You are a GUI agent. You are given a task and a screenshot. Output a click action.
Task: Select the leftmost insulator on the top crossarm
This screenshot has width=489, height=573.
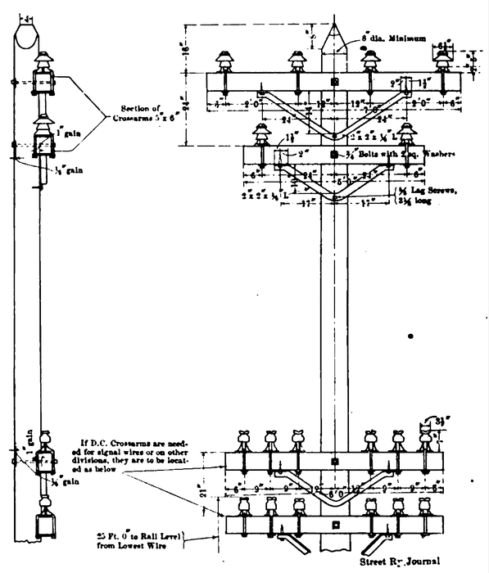[221, 64]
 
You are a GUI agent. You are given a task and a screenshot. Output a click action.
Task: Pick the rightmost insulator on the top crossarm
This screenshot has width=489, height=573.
[444, 64]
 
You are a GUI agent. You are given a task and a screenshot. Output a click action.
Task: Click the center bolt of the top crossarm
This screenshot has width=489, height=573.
[334, 83]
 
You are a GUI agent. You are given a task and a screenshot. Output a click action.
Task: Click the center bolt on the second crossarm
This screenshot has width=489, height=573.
[333, 154]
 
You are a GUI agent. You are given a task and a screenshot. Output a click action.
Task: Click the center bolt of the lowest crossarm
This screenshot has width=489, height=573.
[334, 524]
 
